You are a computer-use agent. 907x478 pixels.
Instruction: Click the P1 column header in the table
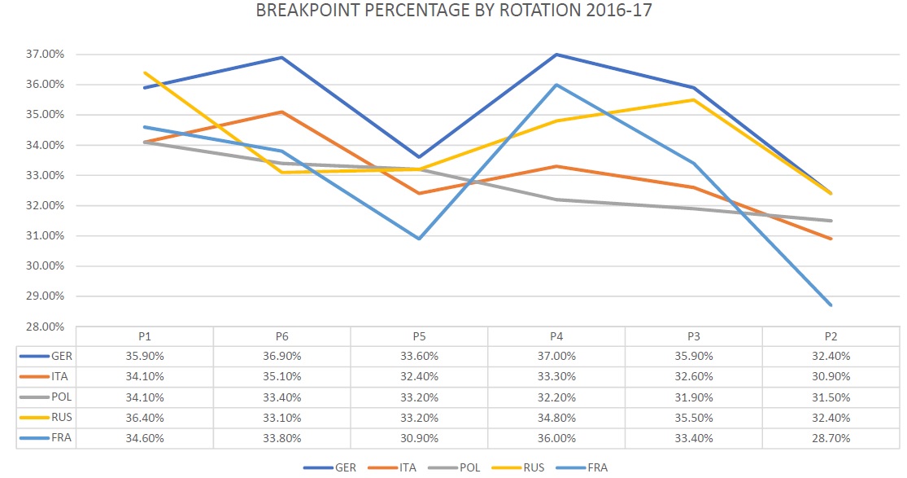[x=145, y=336]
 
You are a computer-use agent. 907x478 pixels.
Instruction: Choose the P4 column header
[x=556, y=336]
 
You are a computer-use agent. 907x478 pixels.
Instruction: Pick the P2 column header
[x=831, y=336]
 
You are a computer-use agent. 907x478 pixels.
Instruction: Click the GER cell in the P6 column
[x=281, y=356]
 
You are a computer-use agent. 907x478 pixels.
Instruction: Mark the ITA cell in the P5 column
[x=419, y=376]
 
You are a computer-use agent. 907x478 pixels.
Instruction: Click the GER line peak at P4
[x=556, y=55]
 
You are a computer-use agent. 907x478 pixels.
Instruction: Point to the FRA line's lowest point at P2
[x=831, y=305]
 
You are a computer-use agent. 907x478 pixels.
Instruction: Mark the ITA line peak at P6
[x=281, y=112]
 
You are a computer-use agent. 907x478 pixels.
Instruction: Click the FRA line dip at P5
[x=419, y=239]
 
